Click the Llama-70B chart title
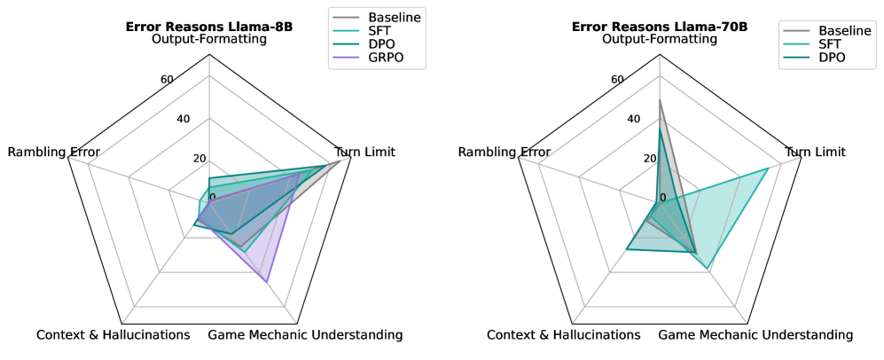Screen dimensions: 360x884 (x=659, y=27)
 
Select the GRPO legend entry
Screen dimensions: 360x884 (x=394, y=59)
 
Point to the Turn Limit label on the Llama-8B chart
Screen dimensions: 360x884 (x=366, y=152)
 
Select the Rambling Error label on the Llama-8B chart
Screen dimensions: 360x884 (x=53, y=152)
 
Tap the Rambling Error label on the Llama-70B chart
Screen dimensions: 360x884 (x=504, y=152)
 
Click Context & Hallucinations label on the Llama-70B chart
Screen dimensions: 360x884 (x=563, y=334)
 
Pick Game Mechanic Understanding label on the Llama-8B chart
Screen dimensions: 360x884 (x=305, y=334)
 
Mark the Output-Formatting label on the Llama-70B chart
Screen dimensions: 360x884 (x=659, y=40)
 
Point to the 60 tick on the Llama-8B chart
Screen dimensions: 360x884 (x=167, y=80)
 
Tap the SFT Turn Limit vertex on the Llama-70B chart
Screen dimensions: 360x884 (x=768, y=168)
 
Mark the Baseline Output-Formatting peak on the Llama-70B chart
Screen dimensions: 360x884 (x=660, y=100)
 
